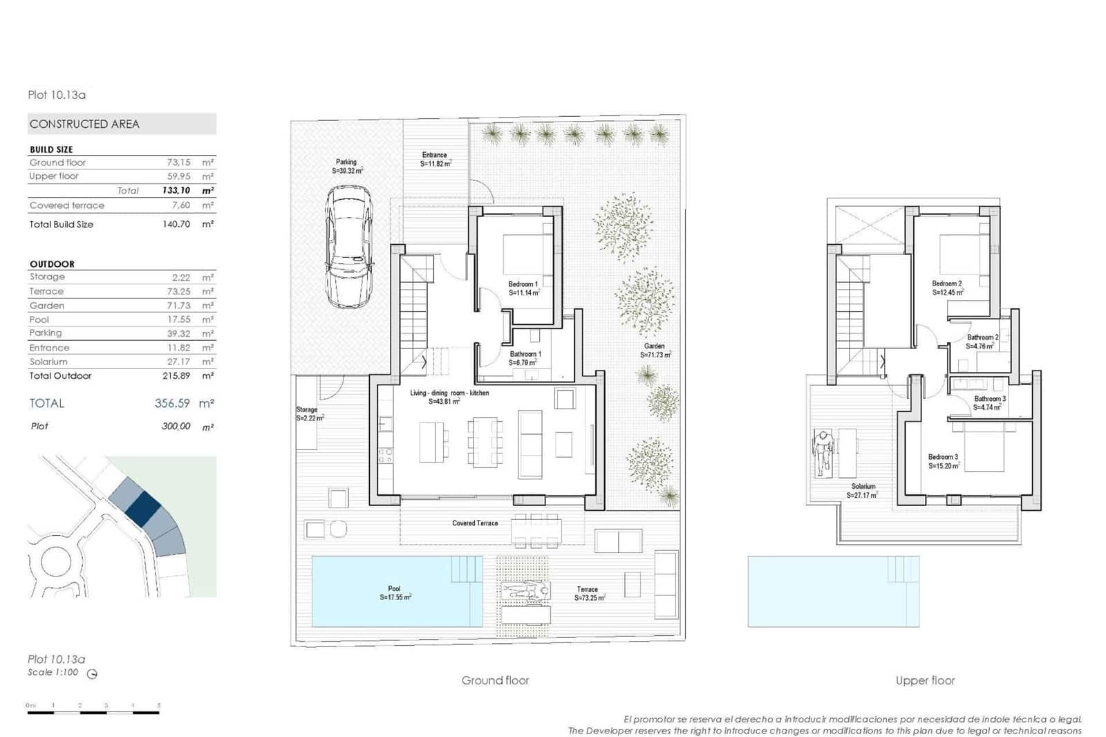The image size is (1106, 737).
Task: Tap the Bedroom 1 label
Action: (523, 288)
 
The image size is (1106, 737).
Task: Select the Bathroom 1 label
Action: (525, 358)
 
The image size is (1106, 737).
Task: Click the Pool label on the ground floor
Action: (395, 593)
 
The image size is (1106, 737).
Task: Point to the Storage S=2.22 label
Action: (308, 414)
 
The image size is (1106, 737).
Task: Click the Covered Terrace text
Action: (475, 523)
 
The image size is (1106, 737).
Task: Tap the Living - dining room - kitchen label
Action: (449, 397)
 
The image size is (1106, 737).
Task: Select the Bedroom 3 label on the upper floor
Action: (944, 461)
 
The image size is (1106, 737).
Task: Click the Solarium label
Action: (863, 491)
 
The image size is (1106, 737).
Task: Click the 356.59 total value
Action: (172, 403)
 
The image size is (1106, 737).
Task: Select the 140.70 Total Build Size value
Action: (176, 224)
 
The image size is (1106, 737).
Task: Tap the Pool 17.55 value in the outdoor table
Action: (178, 319)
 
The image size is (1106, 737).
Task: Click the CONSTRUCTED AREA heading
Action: (84, 124)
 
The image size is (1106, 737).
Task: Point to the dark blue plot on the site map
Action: (144, 507)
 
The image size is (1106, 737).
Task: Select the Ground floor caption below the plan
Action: (495, 681)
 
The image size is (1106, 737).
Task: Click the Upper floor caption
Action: (924, 681)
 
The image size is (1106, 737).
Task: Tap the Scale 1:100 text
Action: (53, 673)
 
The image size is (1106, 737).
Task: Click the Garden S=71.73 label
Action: (655, 351)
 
